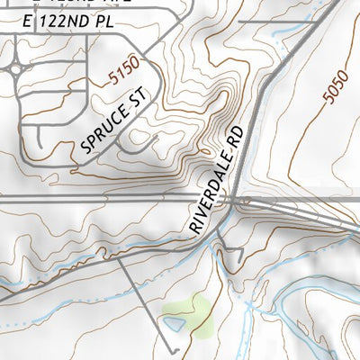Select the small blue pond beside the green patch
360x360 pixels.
(172, 322)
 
